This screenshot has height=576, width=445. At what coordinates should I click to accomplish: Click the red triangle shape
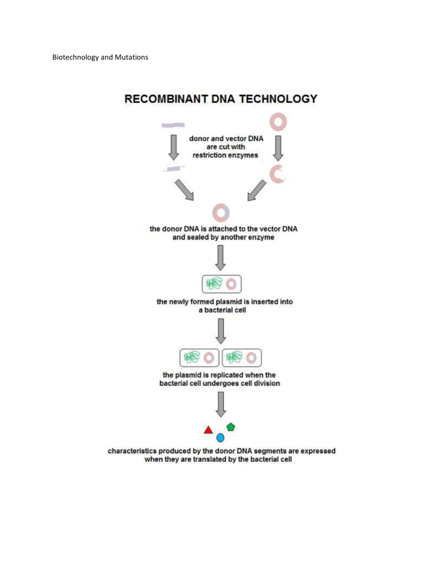(x=208, y=430)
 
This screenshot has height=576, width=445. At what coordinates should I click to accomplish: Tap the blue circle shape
(x=221, y=438)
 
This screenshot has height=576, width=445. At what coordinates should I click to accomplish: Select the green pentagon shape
(x=231, y=427)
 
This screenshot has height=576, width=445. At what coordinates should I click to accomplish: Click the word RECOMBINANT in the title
(x=166, y=99)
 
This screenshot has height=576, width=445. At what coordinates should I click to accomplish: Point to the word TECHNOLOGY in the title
(x=278, y=99)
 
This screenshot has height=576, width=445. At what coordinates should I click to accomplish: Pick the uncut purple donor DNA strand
(x=173, y=125)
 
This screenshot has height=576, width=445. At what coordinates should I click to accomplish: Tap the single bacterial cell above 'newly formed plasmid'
(x=222, y=284)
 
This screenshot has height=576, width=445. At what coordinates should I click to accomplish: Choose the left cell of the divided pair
(x=199, y=358)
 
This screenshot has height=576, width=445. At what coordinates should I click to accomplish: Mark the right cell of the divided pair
(x=242, y=358)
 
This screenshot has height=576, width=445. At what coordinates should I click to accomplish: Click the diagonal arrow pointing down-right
(x=184, y=190)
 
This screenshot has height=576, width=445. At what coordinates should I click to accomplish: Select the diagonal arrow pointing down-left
(x=257, y=191)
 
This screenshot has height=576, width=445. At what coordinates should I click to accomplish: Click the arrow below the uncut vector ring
(x=278, y=148)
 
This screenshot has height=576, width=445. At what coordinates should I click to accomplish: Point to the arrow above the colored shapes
(x=221, y=404)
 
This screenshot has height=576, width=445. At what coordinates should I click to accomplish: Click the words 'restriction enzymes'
(x=225, y=155)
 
